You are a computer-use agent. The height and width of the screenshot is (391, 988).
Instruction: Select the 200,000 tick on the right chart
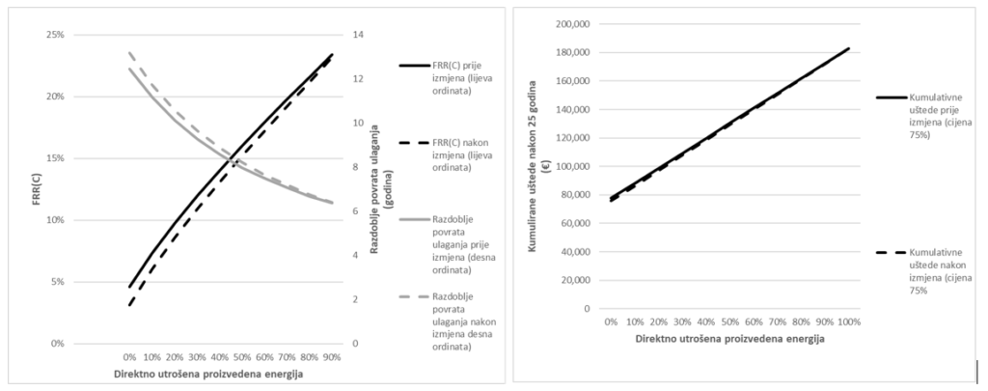[576, 24]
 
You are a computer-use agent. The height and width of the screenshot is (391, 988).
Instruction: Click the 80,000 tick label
[579, 195]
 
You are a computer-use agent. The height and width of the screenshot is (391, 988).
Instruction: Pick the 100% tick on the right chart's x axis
[848, 321]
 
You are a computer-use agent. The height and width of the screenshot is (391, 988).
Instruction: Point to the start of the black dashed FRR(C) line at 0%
[129, 305]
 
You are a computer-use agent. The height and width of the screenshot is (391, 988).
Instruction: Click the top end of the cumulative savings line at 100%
[849, 48]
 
